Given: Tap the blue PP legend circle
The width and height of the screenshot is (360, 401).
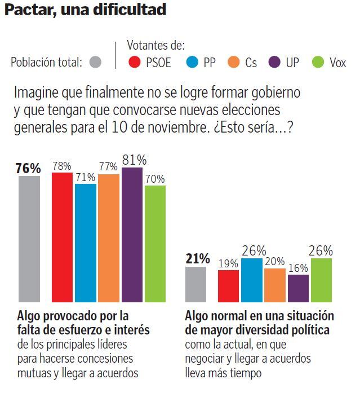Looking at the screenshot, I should (x=192, y=62).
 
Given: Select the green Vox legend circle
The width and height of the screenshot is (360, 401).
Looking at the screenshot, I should (x=318, y=62).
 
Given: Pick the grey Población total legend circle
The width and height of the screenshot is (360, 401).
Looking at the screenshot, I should (x=95, y=62).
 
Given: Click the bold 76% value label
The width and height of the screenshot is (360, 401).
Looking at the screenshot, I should (x=28, y=168).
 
